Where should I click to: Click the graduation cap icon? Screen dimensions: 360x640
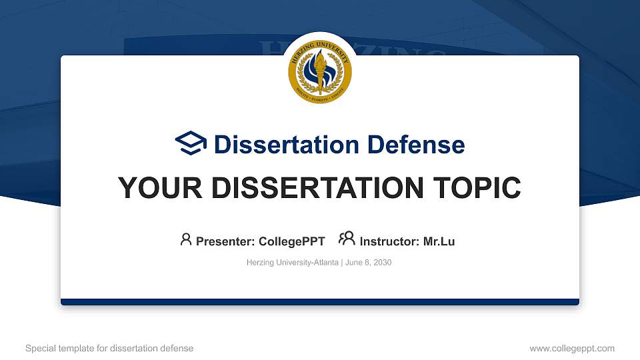point(191,144)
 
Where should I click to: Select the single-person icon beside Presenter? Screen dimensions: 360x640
point(186,239)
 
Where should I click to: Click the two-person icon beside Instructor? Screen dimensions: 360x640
point(347,239)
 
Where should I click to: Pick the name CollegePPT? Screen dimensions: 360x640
point(292,241)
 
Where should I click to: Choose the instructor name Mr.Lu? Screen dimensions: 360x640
point(439,241)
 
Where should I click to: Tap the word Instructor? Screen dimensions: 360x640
point(389,241)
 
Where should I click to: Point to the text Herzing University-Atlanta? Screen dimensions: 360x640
point(293,263)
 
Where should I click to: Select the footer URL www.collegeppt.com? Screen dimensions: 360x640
point(571,348)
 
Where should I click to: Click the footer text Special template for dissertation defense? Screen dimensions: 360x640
point(109,348)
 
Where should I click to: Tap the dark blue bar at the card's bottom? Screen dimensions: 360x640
point(320,302)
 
